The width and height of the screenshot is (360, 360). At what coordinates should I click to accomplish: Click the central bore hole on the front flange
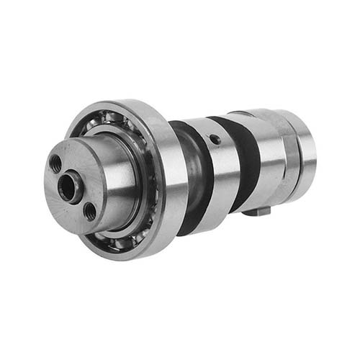pyautogui.click(x=68, y=189)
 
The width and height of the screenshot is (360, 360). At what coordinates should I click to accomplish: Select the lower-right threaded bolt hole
pyautogui.click(x=89, y=212)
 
